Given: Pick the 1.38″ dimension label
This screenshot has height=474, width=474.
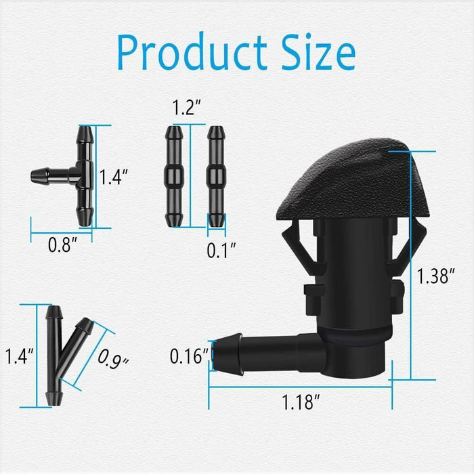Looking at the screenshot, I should [433, 276].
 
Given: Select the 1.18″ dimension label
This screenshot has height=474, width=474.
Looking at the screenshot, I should [300, 403].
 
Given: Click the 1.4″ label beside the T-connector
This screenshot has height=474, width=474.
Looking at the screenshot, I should [114, 177].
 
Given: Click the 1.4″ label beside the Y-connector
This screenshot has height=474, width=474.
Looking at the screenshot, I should [19, 355].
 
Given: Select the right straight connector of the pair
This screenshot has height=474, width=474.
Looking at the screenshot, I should [215, 176].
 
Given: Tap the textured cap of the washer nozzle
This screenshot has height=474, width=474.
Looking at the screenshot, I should [351, 183].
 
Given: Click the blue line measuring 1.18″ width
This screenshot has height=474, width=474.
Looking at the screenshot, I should [300, 388].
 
